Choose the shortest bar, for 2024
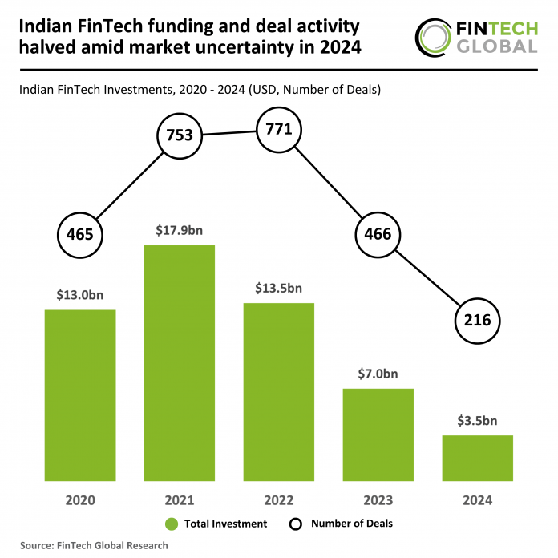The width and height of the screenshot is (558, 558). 478,458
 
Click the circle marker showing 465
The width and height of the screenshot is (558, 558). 80,235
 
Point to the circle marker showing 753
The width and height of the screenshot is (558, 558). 180,135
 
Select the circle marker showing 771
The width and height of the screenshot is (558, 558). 279,129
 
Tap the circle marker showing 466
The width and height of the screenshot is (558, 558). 378,234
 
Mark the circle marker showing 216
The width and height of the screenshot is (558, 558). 478,320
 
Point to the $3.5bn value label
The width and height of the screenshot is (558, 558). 478,420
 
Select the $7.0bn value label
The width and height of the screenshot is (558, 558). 378,374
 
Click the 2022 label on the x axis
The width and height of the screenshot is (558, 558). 279,500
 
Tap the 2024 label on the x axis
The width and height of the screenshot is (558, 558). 478,500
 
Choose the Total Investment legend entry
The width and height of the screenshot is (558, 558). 216,524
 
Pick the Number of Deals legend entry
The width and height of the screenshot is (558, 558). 340,524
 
